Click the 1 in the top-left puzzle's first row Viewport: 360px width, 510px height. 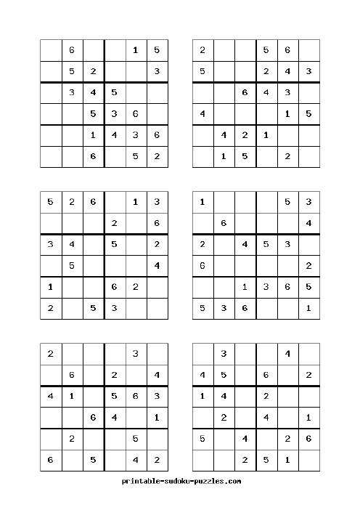click(136, 50)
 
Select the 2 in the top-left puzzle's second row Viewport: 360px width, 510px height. click(93, 71)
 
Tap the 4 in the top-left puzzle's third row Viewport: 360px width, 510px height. click(93, 92)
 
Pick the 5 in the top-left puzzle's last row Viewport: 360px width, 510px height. click(136, 156)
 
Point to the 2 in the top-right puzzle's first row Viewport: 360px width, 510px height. click(202, 50)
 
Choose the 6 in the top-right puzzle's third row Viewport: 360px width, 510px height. click(245, 92)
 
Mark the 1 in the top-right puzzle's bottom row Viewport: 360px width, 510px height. click(224, 156)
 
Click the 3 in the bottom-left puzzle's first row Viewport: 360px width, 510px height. click(136, 355)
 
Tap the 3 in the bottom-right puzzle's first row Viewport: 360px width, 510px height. click(224, 355)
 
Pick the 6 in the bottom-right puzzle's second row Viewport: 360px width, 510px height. click(266, 376)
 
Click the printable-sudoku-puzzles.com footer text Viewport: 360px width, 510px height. click(181, 481)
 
